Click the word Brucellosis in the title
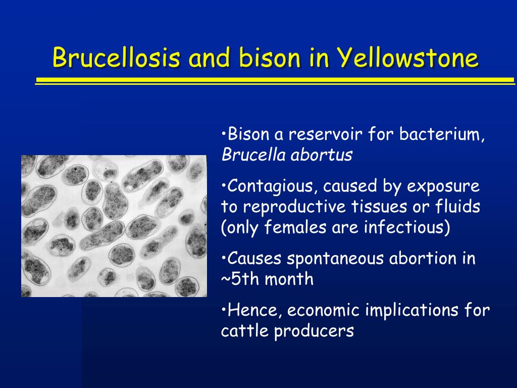click(x=117, y=58)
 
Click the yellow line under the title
click(x=275, y=81)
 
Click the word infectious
click(x=404, y=227)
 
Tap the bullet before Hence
click(x=224, y=309)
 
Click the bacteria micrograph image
click(x=114, y=226)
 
